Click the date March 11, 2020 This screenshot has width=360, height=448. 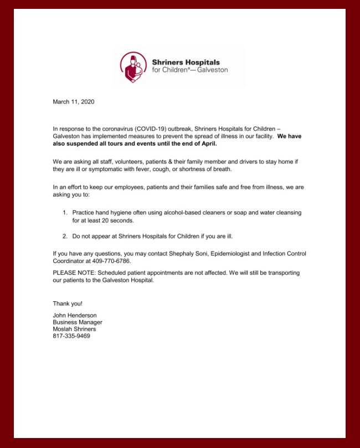pos(74,102)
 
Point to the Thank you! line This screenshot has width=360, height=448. pos(68,303)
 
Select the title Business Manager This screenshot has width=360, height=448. pos(78,322)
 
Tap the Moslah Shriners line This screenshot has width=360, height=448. pos(74,329)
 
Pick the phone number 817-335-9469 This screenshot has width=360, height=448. pos(71,336)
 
